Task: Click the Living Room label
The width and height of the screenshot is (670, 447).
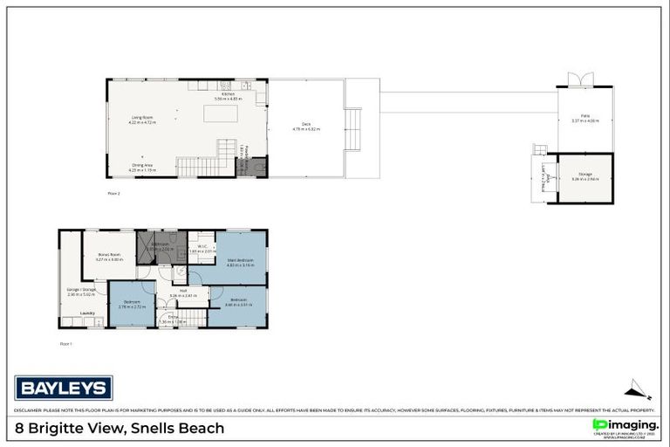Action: (x=142, y=117)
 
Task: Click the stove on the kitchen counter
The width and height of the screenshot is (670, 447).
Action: (x=225, y=86)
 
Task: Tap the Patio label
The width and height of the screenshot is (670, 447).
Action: (x=585, y=117)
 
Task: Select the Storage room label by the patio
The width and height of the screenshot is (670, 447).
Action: (x=585, y=175)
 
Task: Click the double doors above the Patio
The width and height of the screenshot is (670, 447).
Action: (x=579, y=80)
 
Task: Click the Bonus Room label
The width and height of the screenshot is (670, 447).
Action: (x=108, y=256)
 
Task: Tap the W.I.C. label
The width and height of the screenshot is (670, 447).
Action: (x=202, y=247)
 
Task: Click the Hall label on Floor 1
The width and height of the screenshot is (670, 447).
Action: (x=183, y=290)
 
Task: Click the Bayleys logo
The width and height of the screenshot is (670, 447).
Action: (x=64, y=387)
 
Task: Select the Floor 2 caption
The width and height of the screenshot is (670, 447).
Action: (x=113, y=192)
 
